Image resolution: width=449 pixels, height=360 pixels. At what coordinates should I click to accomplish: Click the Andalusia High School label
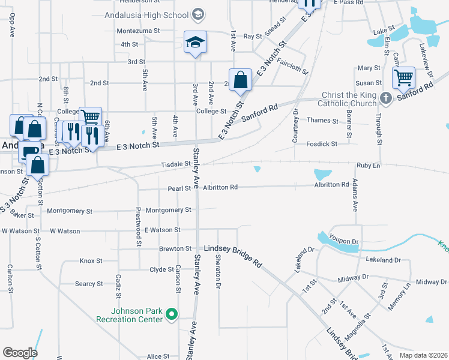(146, 15)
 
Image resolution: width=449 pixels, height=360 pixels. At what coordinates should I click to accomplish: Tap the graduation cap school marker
(195, 42)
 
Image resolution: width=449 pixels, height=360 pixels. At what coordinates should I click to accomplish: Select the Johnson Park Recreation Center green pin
(172, 314)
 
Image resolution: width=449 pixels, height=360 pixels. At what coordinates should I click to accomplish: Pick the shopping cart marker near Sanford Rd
(404, 77)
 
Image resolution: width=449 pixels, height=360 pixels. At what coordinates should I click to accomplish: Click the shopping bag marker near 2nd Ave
(240, 80)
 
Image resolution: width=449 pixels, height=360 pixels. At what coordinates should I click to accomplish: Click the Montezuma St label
(139, 30)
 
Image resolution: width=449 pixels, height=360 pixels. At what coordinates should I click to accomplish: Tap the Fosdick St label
(322, 144)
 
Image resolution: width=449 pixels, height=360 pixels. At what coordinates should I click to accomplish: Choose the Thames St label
(322, 121)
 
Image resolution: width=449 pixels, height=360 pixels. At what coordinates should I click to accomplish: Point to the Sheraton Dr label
(218, 268)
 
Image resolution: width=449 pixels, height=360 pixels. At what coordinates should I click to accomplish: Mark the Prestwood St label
(138, 226)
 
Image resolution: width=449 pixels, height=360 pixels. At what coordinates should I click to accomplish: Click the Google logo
(20, 353)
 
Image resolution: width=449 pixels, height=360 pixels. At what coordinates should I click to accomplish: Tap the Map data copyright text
(423, 355)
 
